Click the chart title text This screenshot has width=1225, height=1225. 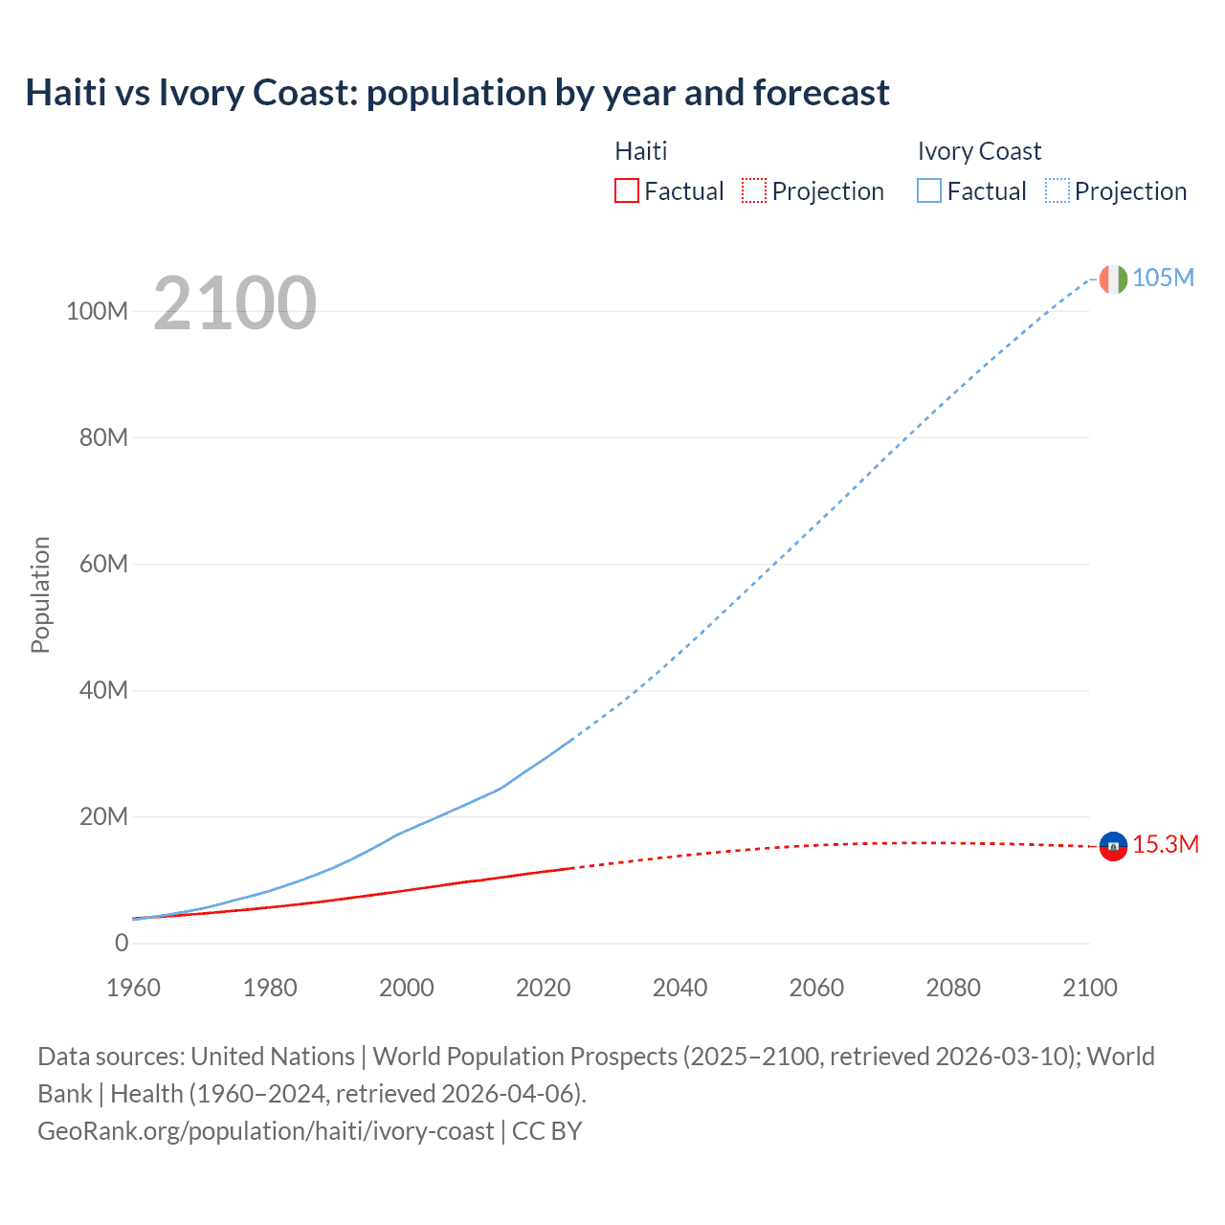click(457, 93)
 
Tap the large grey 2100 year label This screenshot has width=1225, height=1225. click(234, 303)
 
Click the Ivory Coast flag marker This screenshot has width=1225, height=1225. click(1113, 278)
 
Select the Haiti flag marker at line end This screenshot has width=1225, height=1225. click(1113, 846)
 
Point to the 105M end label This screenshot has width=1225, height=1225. click(1163, 278)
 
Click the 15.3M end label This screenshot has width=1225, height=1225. click(1165, 844)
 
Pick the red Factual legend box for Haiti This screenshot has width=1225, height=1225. click(627, 190)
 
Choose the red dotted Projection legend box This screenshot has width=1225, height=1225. click(754, 190)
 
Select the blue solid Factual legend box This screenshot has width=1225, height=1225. click(929, 190)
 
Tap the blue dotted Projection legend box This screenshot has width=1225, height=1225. click(1057, 190)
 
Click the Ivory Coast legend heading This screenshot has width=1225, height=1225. click(979, 151)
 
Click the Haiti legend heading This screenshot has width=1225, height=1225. click(640, 151)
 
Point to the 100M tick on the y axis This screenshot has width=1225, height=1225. click(97, 311)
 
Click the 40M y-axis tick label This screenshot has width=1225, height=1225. click(102, 690)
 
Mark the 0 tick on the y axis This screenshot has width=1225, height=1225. click(122, 943)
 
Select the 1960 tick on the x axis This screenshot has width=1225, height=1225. click(133, 988)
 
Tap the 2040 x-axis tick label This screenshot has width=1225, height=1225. click(679, 988)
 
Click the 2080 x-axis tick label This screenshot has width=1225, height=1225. click(953, 988)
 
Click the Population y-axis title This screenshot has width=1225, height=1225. click(40, 594)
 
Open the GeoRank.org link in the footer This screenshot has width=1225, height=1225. click(265, 1131)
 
